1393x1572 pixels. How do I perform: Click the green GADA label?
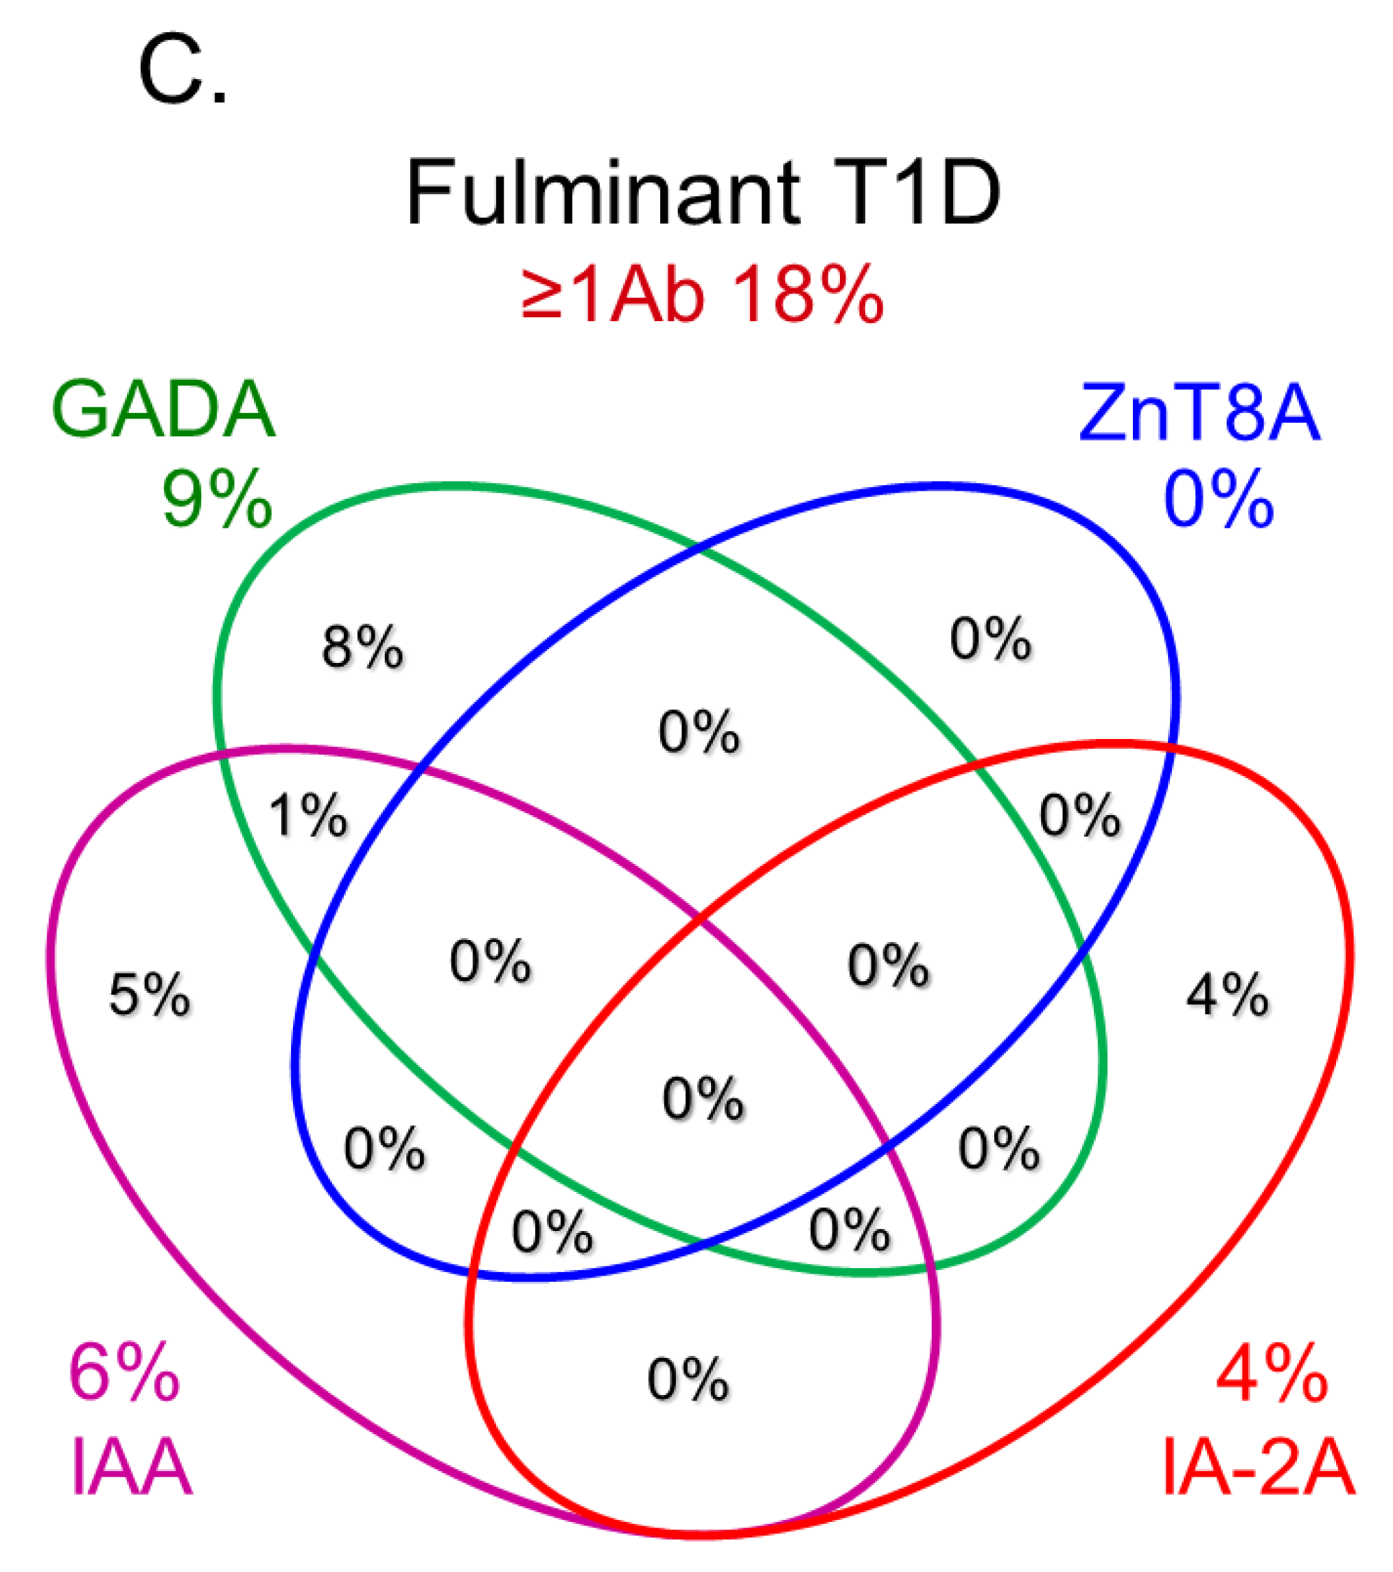163,410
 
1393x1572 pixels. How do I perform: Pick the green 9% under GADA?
217,500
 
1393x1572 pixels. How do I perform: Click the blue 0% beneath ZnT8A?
1219,500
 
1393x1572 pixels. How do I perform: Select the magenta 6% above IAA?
125,1373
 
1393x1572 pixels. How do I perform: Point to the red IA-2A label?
1259,1469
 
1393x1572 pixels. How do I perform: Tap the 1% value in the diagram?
307,815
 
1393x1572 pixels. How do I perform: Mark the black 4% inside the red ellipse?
1228,995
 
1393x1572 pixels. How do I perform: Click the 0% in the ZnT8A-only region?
990,639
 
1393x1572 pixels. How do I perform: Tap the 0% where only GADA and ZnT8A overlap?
699,731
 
